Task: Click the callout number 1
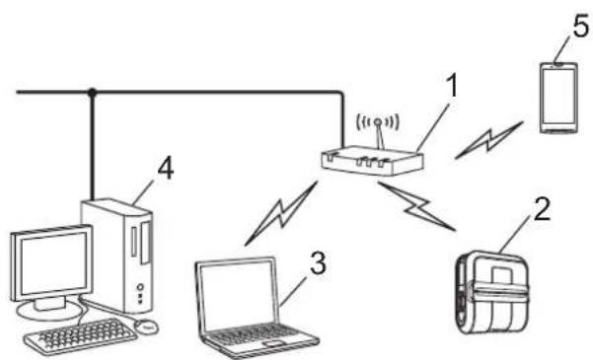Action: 452,86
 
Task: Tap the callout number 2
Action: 542,209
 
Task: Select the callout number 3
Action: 318,263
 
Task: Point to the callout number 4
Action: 166,169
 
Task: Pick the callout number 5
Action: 581,27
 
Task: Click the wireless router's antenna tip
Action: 378,121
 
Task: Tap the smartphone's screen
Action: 558,98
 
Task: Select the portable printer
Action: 492,292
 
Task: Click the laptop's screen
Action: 237,296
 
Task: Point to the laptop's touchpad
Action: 275,343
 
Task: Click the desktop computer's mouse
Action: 146,325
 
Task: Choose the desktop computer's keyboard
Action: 81,335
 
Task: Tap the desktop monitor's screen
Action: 52,263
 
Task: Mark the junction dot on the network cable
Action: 92,92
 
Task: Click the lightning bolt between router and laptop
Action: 281,214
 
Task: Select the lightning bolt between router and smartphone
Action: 489,140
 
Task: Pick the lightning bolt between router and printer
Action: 416,206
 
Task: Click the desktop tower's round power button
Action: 141,287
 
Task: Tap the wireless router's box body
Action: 372,162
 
